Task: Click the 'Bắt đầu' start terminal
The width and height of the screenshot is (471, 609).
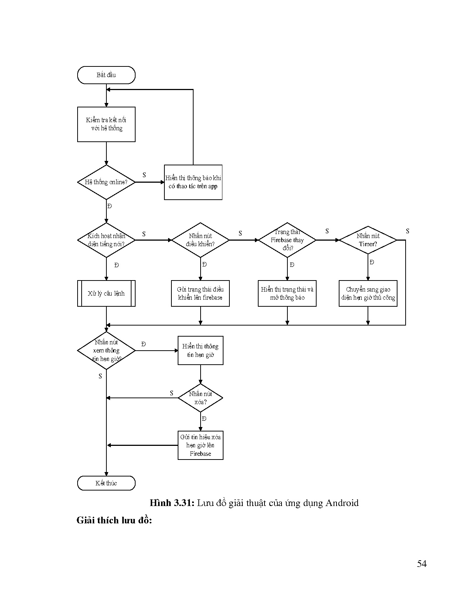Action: (x=106, y=75)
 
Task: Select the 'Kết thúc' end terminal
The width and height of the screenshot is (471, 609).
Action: (x=106, y=483)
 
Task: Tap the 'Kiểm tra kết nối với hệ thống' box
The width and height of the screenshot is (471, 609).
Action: (x=106, y=124)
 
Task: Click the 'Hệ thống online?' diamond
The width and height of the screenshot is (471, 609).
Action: (x=106, y=182)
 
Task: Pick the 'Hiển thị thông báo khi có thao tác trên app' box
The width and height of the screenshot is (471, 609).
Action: (x=193, y=182)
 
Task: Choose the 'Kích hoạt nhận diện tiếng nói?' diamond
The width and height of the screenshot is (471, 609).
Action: (x=106, y=240)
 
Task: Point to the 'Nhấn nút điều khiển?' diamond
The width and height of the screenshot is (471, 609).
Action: (x=200, y=240)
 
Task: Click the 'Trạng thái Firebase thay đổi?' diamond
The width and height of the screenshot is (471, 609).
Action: (x=287, y=240)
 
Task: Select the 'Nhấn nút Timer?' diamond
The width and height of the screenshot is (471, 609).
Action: (x=368, y=240)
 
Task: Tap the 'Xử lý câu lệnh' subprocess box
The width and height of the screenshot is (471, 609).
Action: (x=106, y=293)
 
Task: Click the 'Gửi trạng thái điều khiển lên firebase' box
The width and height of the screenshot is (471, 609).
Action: (x=200, y=293)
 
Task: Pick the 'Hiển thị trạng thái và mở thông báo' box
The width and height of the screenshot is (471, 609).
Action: (x=287, y=293)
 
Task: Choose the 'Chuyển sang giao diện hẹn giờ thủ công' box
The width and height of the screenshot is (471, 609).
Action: (x=368, y=293)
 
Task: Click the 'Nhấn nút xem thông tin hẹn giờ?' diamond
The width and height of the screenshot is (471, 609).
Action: (x=106, y=351)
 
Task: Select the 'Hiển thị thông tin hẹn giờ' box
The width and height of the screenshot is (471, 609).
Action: (x=200, y=351)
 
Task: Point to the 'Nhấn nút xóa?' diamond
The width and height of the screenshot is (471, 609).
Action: (x=200, y=398)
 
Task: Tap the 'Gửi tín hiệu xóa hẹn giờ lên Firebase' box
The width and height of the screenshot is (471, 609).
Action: (x=200, y=445)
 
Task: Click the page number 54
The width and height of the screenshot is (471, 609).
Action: (x=422, y=564)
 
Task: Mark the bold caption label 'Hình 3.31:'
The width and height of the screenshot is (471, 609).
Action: (x=172, y=503)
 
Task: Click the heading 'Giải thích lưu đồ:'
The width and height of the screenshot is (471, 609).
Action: (x=114, y=520)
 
